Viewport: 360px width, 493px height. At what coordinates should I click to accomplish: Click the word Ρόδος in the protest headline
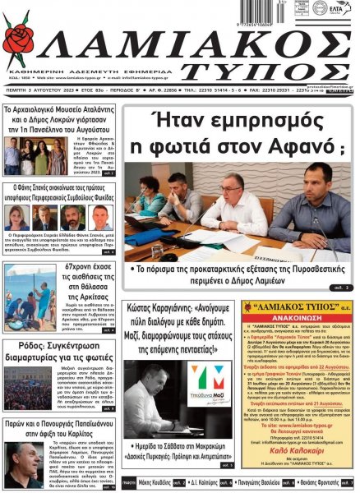click(18, 348)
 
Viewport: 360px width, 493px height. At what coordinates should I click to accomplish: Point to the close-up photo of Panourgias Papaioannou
click(27, 459)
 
